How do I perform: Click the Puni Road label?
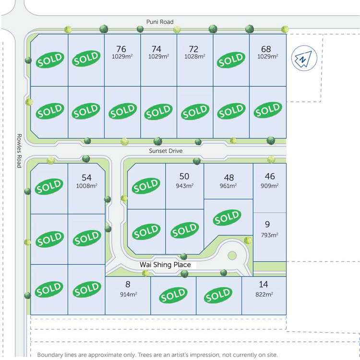160,22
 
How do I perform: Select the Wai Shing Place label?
165,264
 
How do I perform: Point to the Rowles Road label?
19,150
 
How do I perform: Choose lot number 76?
121,49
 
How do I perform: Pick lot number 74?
156,49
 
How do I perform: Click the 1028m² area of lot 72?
194,57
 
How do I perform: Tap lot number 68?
266,49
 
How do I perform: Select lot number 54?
86,178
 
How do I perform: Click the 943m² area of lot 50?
184,186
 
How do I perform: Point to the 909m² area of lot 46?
270,185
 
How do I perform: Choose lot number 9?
267,224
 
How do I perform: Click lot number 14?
264,285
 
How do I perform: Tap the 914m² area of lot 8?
128,294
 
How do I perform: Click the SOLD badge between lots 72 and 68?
231,60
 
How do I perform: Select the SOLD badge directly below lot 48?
227,218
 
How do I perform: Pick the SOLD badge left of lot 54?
49,186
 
